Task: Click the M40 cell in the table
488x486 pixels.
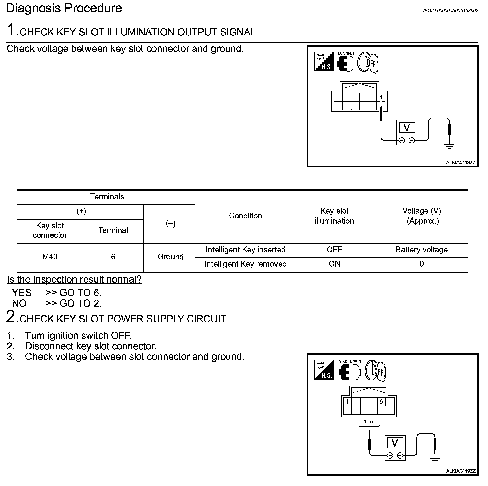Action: click(50, 257)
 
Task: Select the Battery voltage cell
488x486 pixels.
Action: click(421, 250)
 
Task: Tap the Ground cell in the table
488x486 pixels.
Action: click(170, 257)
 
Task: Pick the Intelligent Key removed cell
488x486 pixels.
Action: click(245, 264)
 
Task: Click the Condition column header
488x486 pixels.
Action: click(245, 216)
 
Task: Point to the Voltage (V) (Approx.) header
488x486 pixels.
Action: click(421, 216)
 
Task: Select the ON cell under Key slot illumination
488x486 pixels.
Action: click(334, 264)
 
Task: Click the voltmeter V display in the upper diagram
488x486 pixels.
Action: click(407, 128)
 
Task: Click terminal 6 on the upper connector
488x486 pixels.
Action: click(381, 97)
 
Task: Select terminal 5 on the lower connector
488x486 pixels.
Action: click(381, 401)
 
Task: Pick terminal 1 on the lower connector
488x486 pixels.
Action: click(347, 401)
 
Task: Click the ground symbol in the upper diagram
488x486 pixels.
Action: click(449, 146)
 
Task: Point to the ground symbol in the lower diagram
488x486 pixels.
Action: click(435, 461)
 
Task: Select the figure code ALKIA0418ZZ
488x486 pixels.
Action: click(461, 163)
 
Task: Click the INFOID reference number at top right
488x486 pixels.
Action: click(449, 11)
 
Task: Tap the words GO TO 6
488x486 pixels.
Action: click(80, 293)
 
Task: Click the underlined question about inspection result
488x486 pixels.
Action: click(74, 279)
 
